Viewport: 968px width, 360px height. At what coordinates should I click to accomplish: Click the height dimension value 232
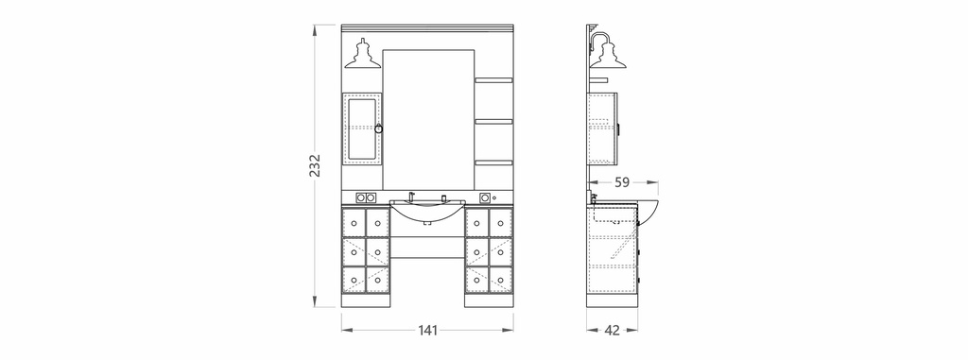tap(315, 164)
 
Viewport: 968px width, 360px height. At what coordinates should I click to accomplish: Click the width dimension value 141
tap(428, 331)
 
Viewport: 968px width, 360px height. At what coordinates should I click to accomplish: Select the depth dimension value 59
tap(622, 182)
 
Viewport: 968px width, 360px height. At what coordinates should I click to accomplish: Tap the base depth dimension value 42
tap(612, 331)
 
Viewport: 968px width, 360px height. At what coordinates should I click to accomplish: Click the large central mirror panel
tap(428, 120)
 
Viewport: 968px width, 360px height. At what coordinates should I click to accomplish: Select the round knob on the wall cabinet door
tap(378, 129)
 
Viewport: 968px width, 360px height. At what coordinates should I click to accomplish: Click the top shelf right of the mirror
tap(493, 80)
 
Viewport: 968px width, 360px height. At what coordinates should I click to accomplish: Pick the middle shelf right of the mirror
tap(493, 122)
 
